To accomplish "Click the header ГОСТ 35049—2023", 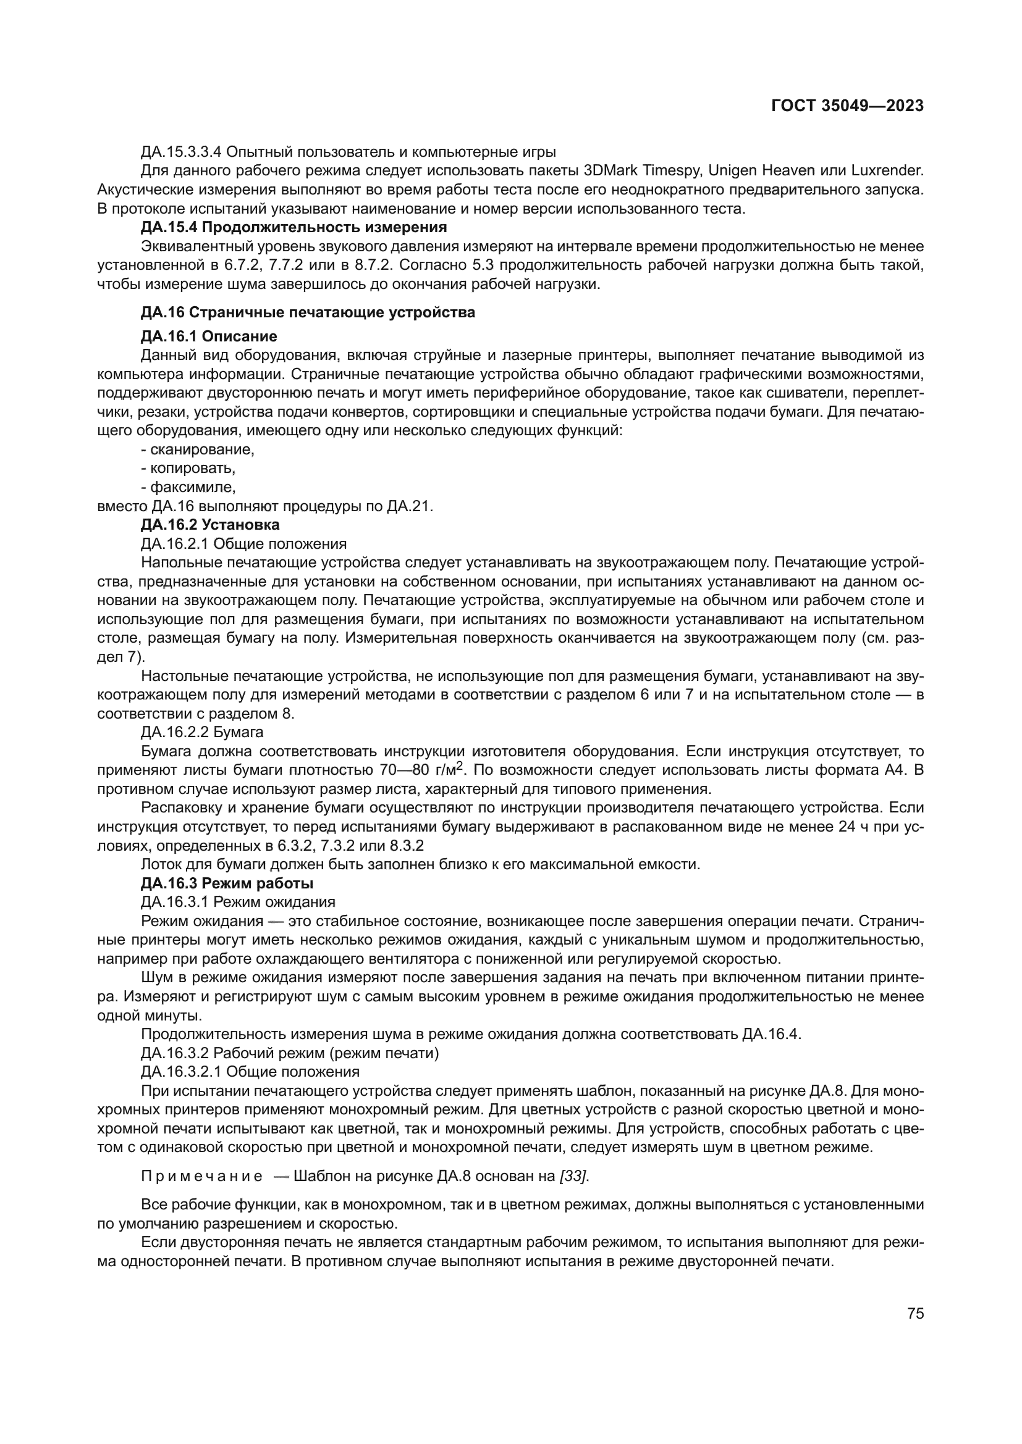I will pos(847,106).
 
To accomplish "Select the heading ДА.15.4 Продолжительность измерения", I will pos(294,227).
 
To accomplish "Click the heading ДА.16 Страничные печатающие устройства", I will pos(308,312).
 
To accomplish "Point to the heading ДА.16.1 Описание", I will pos(209,336).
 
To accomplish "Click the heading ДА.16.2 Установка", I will pos(210,525).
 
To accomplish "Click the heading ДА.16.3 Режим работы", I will pos(227,883).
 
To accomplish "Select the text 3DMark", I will pos(609,170).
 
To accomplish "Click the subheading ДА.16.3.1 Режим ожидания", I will pos(238,902).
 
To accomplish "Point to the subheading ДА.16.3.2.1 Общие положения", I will pos(250,1072).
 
